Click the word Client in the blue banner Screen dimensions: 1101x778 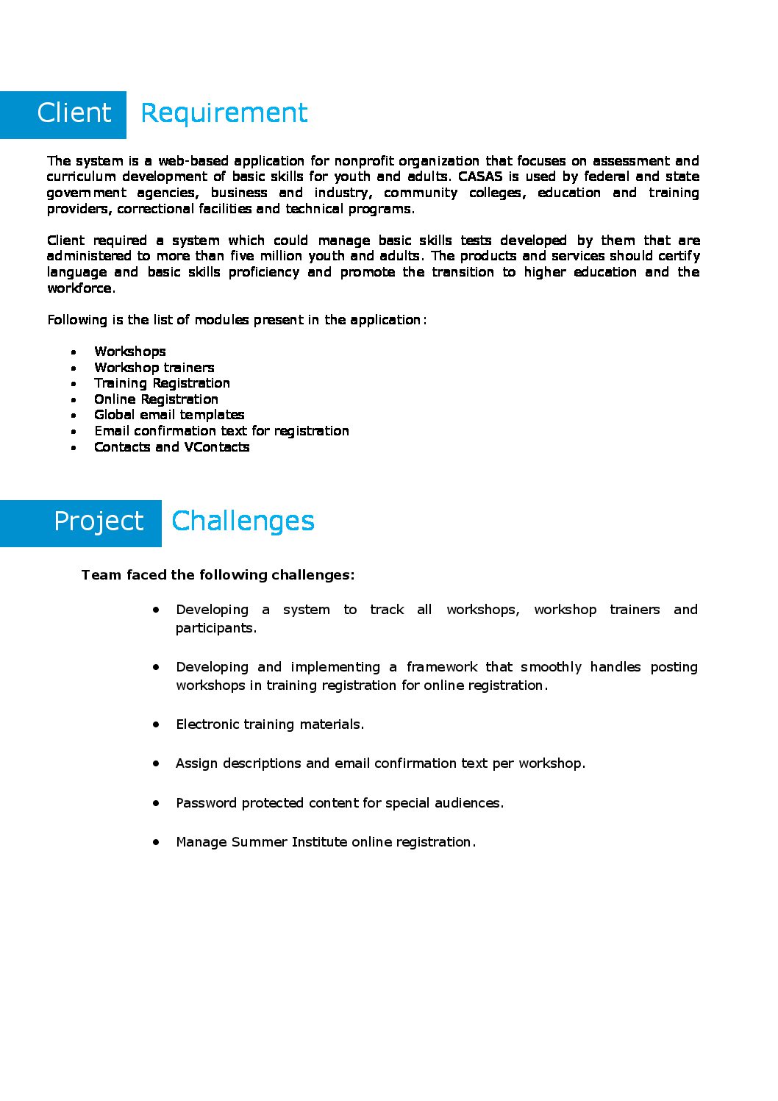74,113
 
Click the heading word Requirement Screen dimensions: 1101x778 224,113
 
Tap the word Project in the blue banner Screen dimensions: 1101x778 99,521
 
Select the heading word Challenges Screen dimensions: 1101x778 243,521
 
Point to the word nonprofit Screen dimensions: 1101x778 364,161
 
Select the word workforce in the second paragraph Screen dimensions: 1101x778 79,288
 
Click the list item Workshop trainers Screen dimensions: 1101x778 154,368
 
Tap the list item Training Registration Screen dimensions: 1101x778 162,383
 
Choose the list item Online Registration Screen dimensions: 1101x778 156,399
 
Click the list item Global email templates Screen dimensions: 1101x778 169,415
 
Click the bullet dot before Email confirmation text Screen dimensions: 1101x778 74,432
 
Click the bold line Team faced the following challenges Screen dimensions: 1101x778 218,575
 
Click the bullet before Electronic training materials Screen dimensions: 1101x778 156,724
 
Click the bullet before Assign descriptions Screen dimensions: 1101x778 156,763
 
